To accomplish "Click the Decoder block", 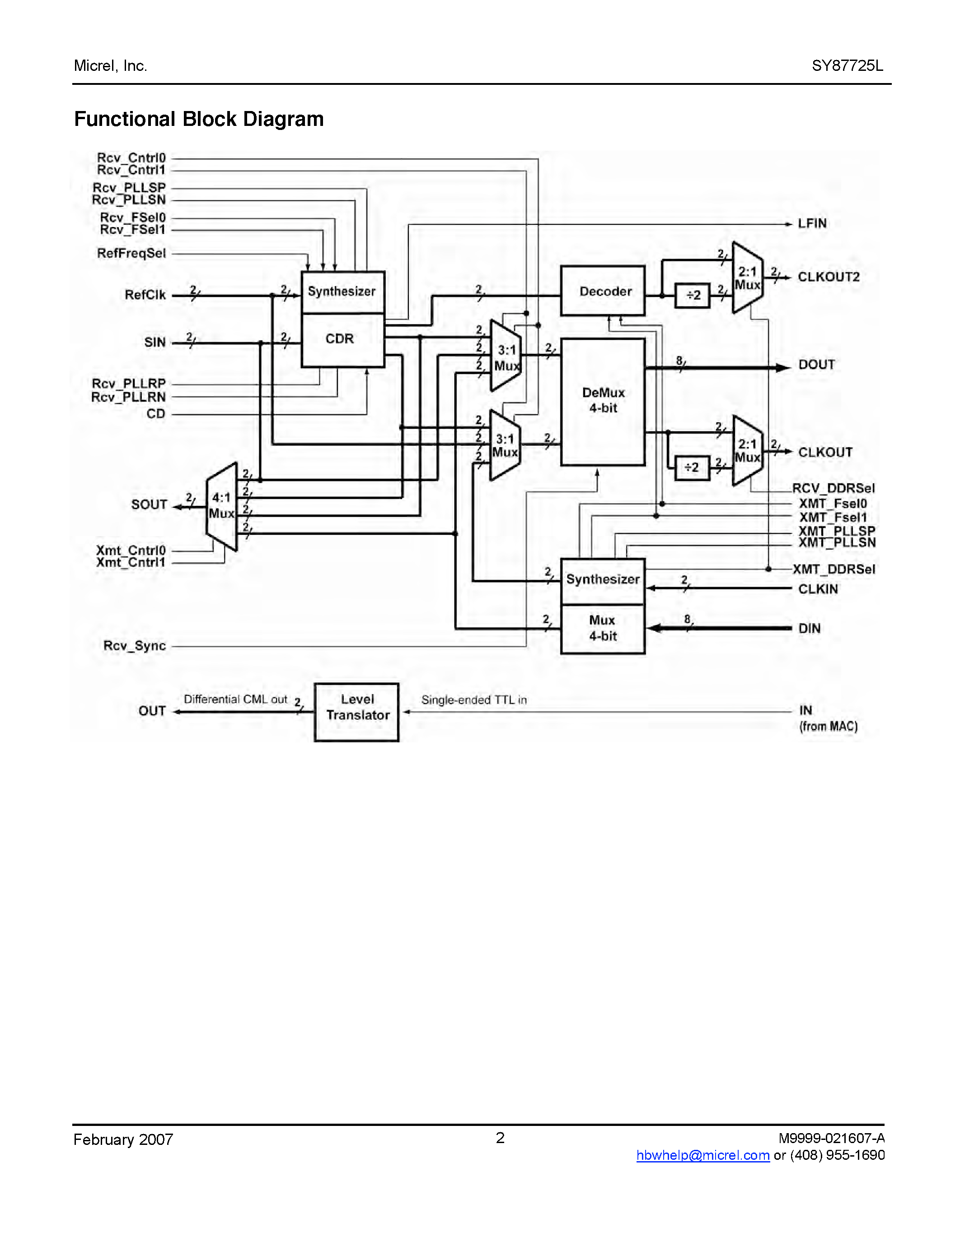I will point(602,291).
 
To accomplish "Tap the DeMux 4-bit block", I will point(603,401).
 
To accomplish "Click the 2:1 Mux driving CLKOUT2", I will point(747,278).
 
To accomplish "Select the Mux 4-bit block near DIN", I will point(603,629).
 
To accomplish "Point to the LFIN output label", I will point(811,223).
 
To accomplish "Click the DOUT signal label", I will point(816,365).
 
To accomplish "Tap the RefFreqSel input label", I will point(131,254).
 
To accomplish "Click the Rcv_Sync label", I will point(135,645).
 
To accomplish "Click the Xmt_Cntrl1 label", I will point(131,563).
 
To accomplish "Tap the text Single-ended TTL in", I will point(474,700).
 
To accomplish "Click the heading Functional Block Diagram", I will point(199,119).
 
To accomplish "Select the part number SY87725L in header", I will point(848,66).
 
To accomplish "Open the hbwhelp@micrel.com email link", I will point(703,1155).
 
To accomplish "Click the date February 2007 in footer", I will point(123,1140).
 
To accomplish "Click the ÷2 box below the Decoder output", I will point(692,296).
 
